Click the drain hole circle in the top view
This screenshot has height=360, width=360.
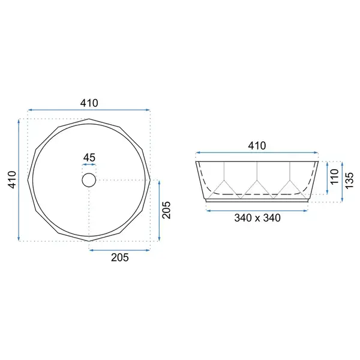point(89,173)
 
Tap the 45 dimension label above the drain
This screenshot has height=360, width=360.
point(89,158)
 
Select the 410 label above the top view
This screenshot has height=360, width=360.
point(89,103)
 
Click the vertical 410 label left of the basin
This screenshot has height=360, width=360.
point(12,180)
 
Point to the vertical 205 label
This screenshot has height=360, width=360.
point(166,210)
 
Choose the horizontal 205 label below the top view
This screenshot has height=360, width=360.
point(120,257)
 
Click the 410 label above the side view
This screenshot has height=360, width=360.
point(257,146)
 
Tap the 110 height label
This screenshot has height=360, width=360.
point(335,176)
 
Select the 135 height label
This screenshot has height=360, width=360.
point(349,181)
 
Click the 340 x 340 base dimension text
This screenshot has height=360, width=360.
point(257,218)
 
